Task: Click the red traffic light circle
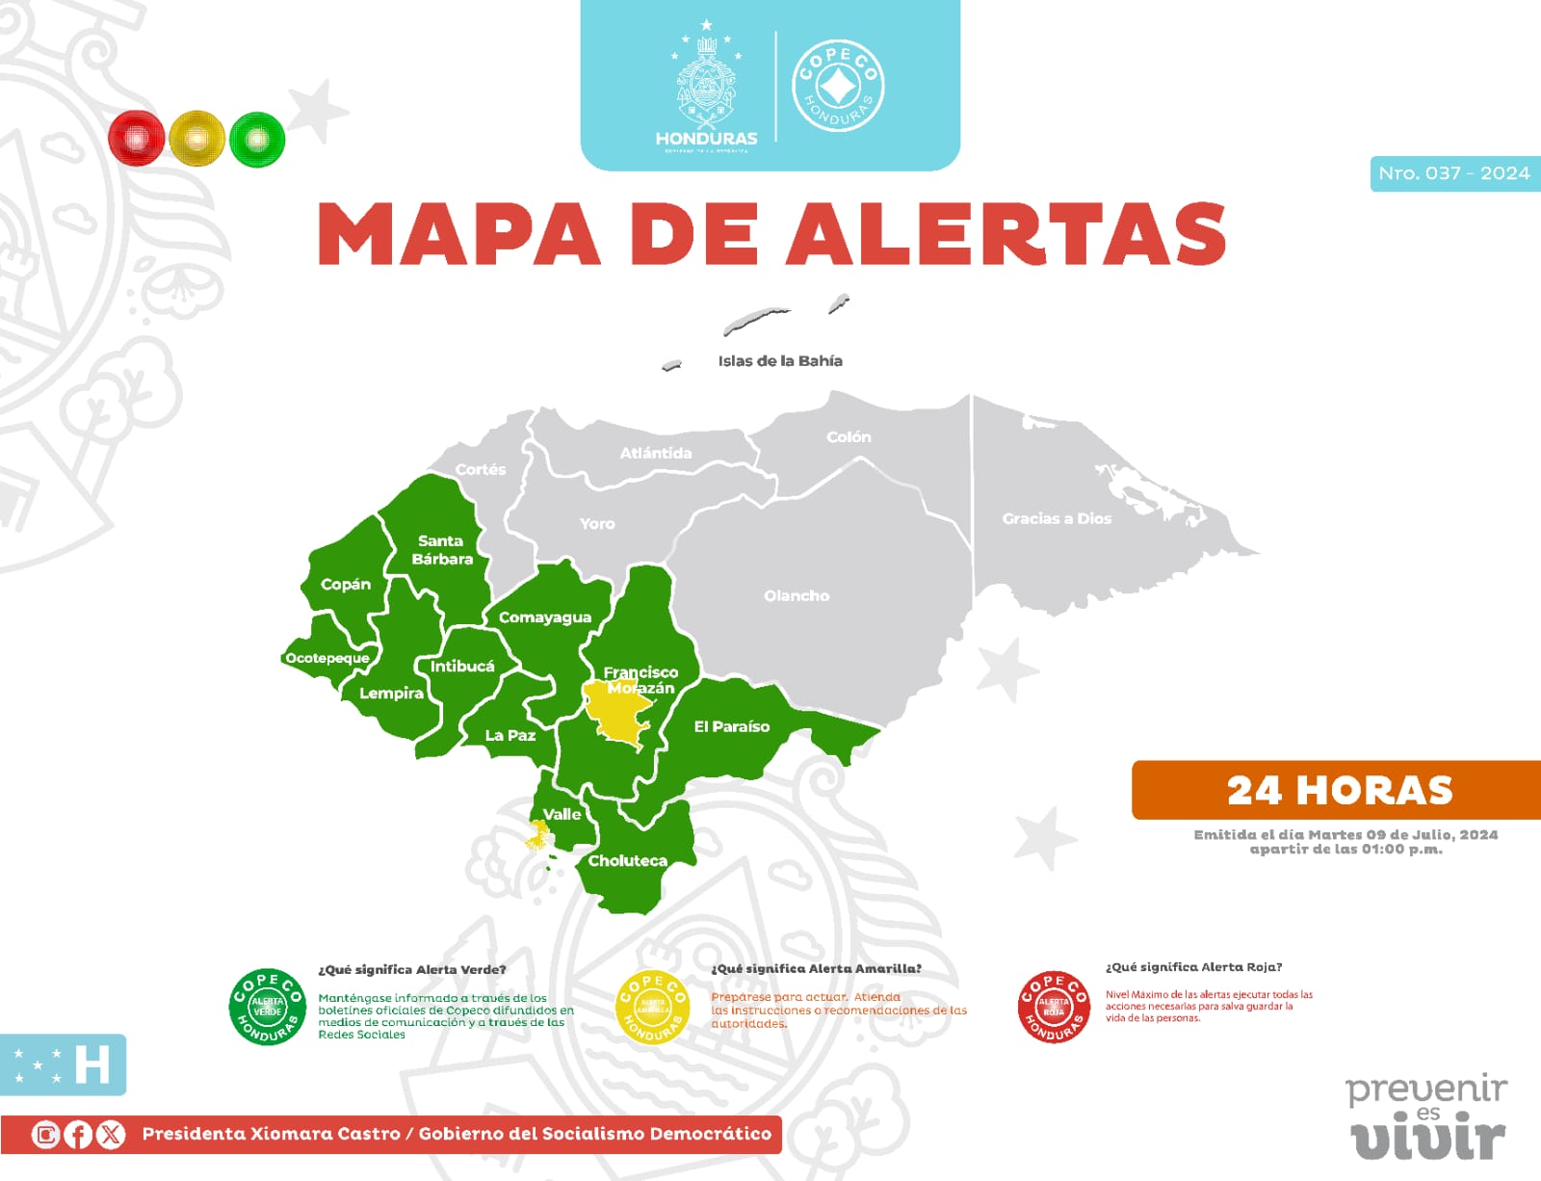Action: pos(137,139)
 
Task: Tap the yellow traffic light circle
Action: pos(196,139)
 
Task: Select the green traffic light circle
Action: pos(257,139)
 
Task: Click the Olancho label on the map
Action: pos(797,596)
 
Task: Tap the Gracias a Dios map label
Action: pos(1057,518)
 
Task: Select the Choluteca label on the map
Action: pos(627,861)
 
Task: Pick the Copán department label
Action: pos(346,585)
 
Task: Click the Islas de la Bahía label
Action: pos(780,361)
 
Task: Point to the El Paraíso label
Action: pos(732,727)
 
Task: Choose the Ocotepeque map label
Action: pos(327,658)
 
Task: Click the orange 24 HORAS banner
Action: pos(1339,790)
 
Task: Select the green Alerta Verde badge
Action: pos(267,1007)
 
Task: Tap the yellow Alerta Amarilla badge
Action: pos(652,1007)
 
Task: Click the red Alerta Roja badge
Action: pos(1053,1007)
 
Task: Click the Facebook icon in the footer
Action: pos(78,1135)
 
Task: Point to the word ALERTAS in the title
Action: pos(1006,234)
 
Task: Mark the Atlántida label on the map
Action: pos(655,453)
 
